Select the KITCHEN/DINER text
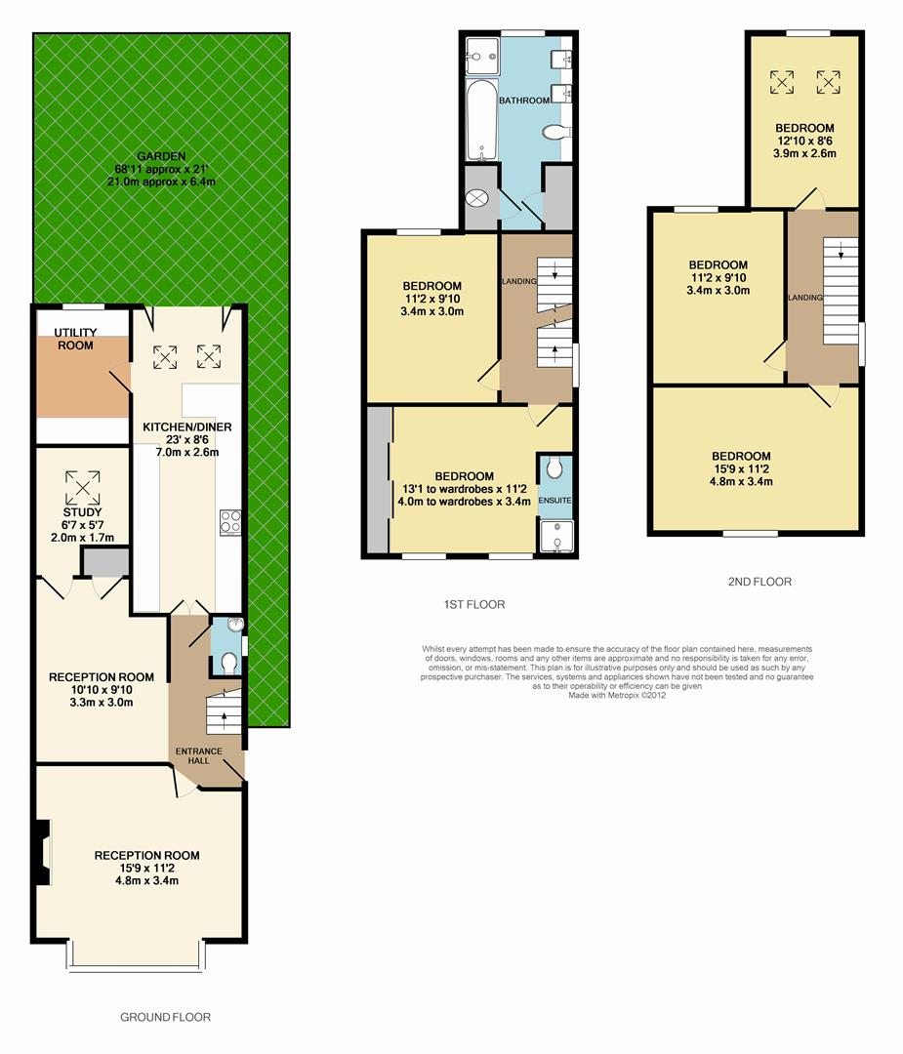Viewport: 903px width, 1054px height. pyautogui.click(x=186, y=427)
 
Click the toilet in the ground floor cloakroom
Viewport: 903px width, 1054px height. pyautogui.click(x=227, y=664)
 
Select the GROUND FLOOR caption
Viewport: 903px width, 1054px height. pyautogui.click(x=165, y=1017)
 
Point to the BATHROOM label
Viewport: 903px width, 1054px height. pyautogui.click(x=523, y=101)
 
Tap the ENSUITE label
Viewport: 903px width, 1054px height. pyautogui.click(x=554, y=501)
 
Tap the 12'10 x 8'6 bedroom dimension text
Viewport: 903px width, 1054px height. pyautogui.click(x=804, y=141)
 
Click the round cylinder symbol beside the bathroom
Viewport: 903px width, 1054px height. pyautogui.click(x=477, y=197)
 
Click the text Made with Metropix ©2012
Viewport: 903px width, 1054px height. pyautogui.click(x=617, y=695)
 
